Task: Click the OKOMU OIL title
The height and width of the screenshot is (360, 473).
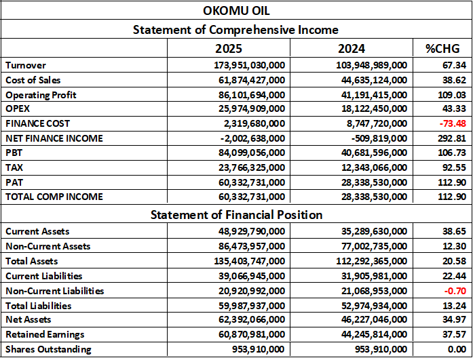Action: tap(235, 12)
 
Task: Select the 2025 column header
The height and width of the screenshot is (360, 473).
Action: tap(228, 48)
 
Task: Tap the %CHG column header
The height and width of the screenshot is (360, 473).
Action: tap(442, 48)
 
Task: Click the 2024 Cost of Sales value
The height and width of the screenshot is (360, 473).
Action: tap(371, 80)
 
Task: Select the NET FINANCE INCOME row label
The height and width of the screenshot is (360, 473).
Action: tap(54, 139)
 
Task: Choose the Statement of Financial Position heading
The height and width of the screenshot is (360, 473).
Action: tap(235, 215)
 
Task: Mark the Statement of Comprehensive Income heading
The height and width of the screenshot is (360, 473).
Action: tap(235, 30)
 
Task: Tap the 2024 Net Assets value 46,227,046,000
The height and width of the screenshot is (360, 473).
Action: tap(371, 320)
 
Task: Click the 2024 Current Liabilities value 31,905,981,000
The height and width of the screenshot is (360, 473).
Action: tap(371, 276)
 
